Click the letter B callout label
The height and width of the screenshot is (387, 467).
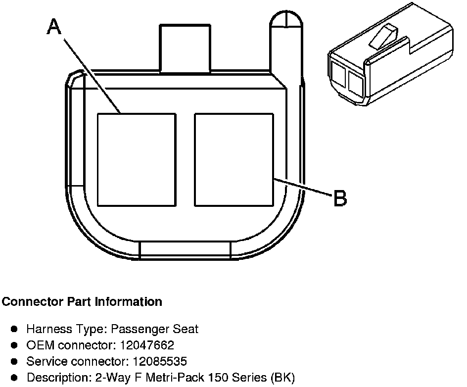(340, 198)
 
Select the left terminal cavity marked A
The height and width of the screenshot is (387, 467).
(136, 159)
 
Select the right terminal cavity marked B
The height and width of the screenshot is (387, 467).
(234, 159)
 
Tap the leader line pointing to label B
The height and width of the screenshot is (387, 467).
(302, 189)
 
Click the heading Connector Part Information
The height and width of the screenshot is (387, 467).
(82, 301)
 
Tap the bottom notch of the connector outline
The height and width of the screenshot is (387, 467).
(185, 250)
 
